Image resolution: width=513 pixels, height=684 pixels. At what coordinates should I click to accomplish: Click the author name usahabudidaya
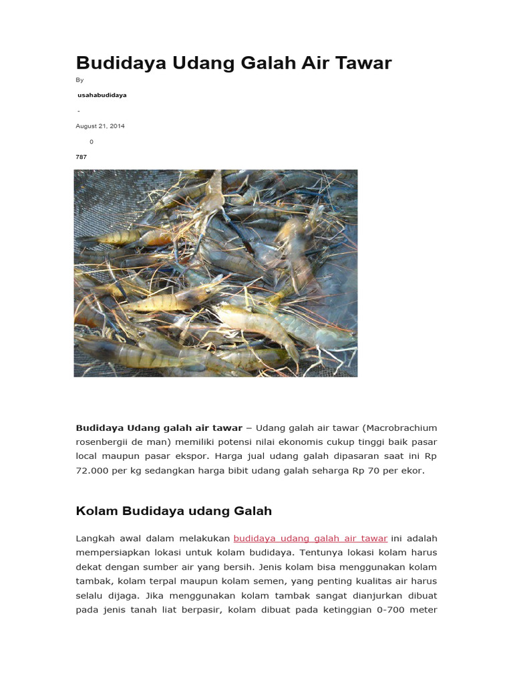tap(102, 96)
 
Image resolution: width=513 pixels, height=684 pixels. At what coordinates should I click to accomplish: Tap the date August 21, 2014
tap(100, 126)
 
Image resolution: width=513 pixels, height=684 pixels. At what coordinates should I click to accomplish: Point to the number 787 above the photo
tap(81, 157)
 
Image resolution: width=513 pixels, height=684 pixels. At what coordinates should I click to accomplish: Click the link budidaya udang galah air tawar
tap(310, 538)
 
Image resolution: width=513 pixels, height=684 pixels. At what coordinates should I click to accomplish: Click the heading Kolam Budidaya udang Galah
tap(174, 511)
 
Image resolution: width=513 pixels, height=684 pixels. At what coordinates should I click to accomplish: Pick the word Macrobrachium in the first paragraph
tap(402, 427)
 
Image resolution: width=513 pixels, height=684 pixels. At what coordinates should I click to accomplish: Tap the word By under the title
tap(79, 80)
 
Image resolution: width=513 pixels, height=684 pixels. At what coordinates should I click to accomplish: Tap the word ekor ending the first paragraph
tap(412, 470)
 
